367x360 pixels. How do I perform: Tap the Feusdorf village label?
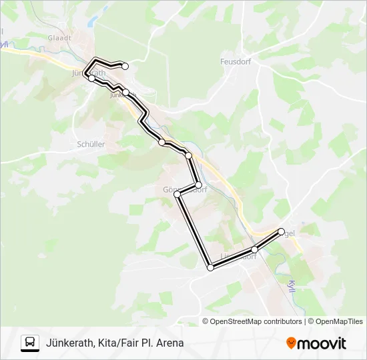(x=234, y=61)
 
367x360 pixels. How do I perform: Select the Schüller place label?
(x=91, y=143)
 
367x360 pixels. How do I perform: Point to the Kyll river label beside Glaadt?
(x=5, y=47)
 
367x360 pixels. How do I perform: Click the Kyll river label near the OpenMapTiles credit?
(x=291, y=285)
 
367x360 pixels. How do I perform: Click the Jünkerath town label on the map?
(x=88, y=73)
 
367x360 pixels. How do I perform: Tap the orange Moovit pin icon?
(x=291, y=343)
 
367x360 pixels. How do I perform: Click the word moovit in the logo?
(x=322, y=343)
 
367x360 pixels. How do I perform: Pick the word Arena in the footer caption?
(x=169, y=343)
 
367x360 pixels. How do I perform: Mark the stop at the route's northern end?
(x=125, y=65)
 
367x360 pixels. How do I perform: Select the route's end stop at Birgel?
(x=280, y=231)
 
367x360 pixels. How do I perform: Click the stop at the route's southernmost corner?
(x=211, y=268)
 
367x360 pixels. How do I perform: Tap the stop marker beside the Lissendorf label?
(x=254, y=249)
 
